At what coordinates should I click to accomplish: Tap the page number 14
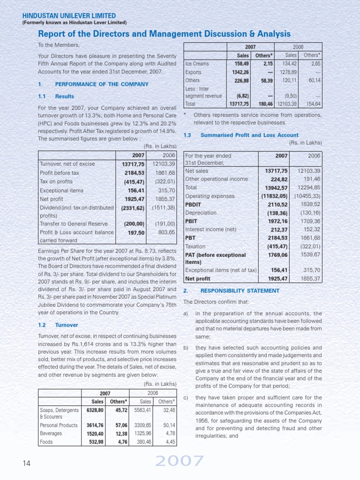(x=26, y=463)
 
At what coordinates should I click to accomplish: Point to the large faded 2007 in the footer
(x=180, y=462)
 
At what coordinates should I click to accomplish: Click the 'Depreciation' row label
(x=201, y=212)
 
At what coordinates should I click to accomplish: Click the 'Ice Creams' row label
(x=197, y=64)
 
